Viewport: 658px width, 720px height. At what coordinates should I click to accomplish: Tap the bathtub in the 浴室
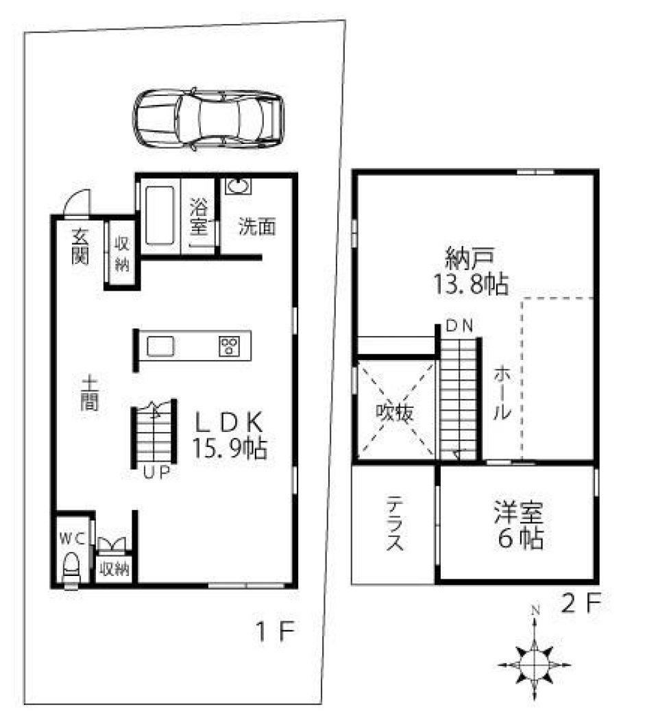(158, 213)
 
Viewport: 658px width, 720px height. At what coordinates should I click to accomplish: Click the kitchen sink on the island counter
(162, 347)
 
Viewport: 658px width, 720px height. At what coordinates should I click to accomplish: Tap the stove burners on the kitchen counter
(228, 347)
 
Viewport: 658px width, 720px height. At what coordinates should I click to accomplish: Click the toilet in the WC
(71, 568)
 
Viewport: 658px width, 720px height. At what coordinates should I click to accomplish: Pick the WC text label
(73, 538)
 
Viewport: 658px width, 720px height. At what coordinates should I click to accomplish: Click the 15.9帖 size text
(228, 448)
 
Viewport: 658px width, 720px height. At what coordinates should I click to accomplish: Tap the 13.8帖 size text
(470, 283)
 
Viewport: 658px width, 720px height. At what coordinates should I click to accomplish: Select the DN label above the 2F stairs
(459, 326)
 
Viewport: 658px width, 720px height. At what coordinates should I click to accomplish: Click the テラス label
(394, 525)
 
